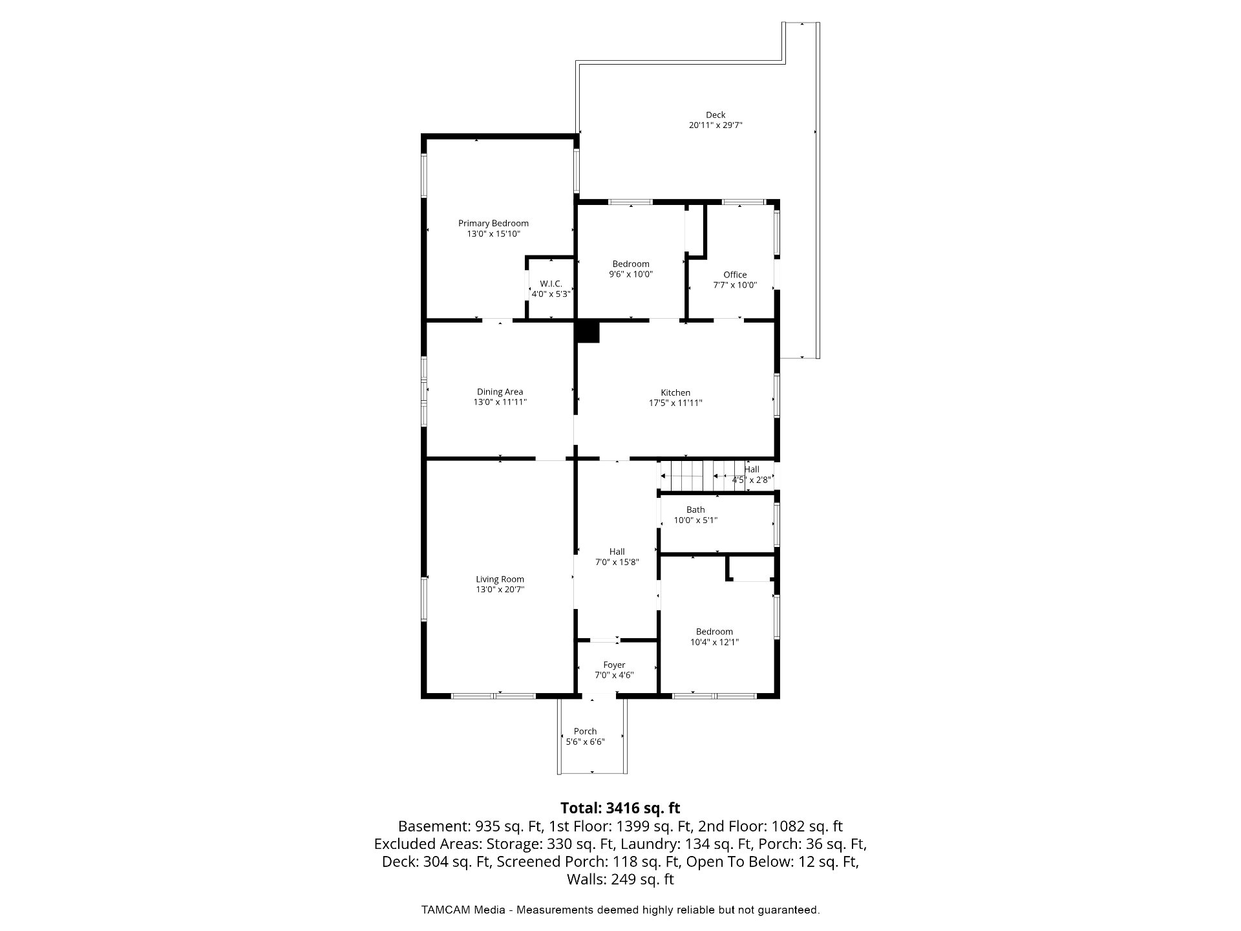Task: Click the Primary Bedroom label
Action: click(x=493, y=223)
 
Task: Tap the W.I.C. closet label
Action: click(x=551, y=284)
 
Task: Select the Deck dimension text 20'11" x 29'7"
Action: click(x=716, y=125)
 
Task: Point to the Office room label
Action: click(x=735, y=275)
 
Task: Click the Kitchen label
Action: click(x=675, y=392)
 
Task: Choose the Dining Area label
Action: click(x=500, y=392)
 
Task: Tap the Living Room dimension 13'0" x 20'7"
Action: click(x=500, y=590)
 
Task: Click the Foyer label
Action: click(x=614, y=665)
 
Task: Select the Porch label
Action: click(x=585, y=731)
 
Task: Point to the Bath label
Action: click(x=695, y=509)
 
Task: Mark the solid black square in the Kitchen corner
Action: click(x=588, y=332)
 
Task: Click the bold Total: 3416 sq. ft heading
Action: click(x=620, y=808)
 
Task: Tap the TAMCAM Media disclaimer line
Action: click(x=620, y=910)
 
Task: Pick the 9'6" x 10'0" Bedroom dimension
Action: click(x=631, y=274)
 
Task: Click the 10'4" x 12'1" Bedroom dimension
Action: click(x=714, y=642)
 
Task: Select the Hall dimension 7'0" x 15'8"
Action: click(x=617, y=562)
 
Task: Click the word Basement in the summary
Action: click(x=434, y=826)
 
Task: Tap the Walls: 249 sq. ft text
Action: click(x=620, y=879)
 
